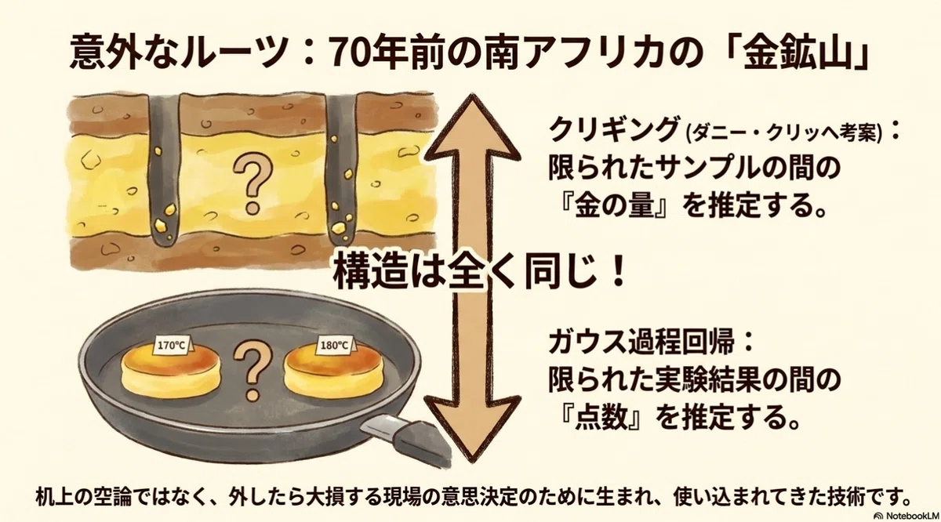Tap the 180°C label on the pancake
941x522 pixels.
336,346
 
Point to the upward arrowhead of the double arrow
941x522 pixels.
474,126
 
